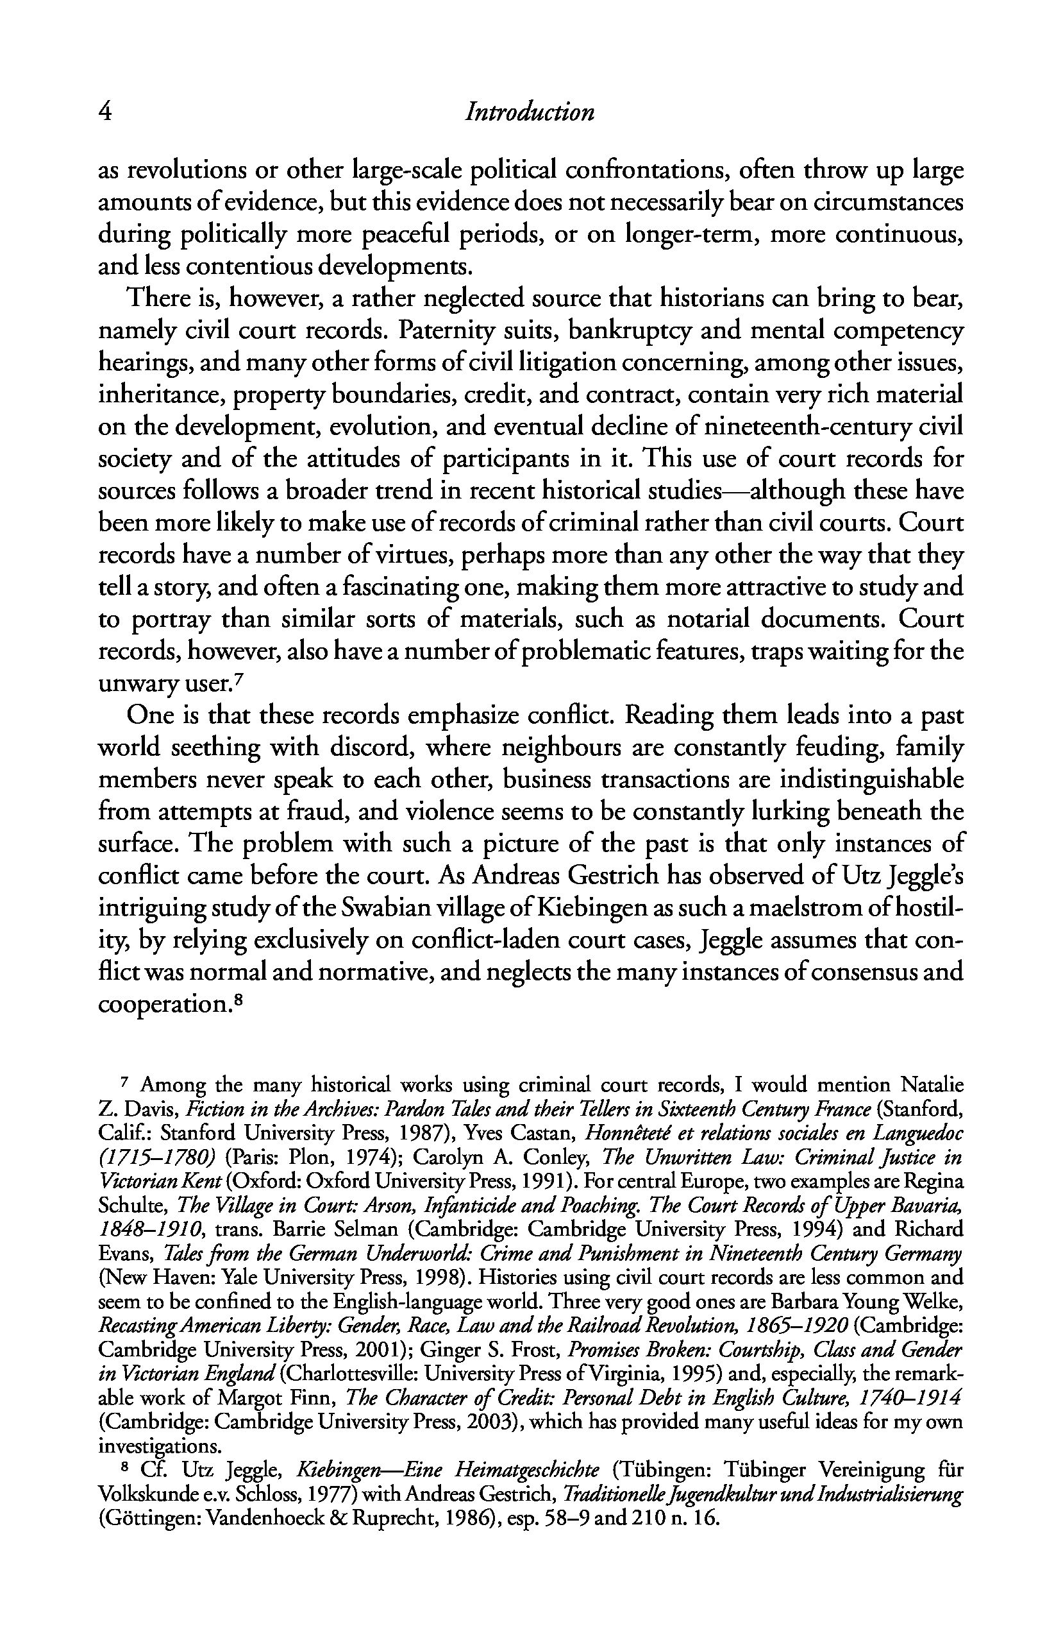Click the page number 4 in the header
(106, 112)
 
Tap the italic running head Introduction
(530, 112)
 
